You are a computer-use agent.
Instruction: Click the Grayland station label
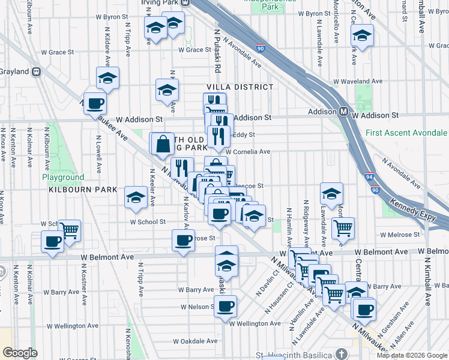click(x=14, y=71)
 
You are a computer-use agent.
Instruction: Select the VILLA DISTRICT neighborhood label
click(x=240, y=87)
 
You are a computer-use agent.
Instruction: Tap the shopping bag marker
click(x=162, y=143)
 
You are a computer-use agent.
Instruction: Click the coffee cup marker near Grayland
click(x=95, y=103)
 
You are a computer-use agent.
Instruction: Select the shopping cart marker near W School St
click(x=70, y=229)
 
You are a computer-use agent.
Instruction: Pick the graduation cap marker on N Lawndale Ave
click(x=331, y=194)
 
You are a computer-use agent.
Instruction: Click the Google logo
click(x=20, y=353)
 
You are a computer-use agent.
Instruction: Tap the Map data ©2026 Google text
click(x=412, y=355)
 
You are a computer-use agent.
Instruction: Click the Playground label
click(x=63, y=178)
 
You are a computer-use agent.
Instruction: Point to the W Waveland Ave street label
click(x=358, y=81)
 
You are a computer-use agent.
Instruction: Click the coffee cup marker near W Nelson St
click(x=226, y=306)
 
